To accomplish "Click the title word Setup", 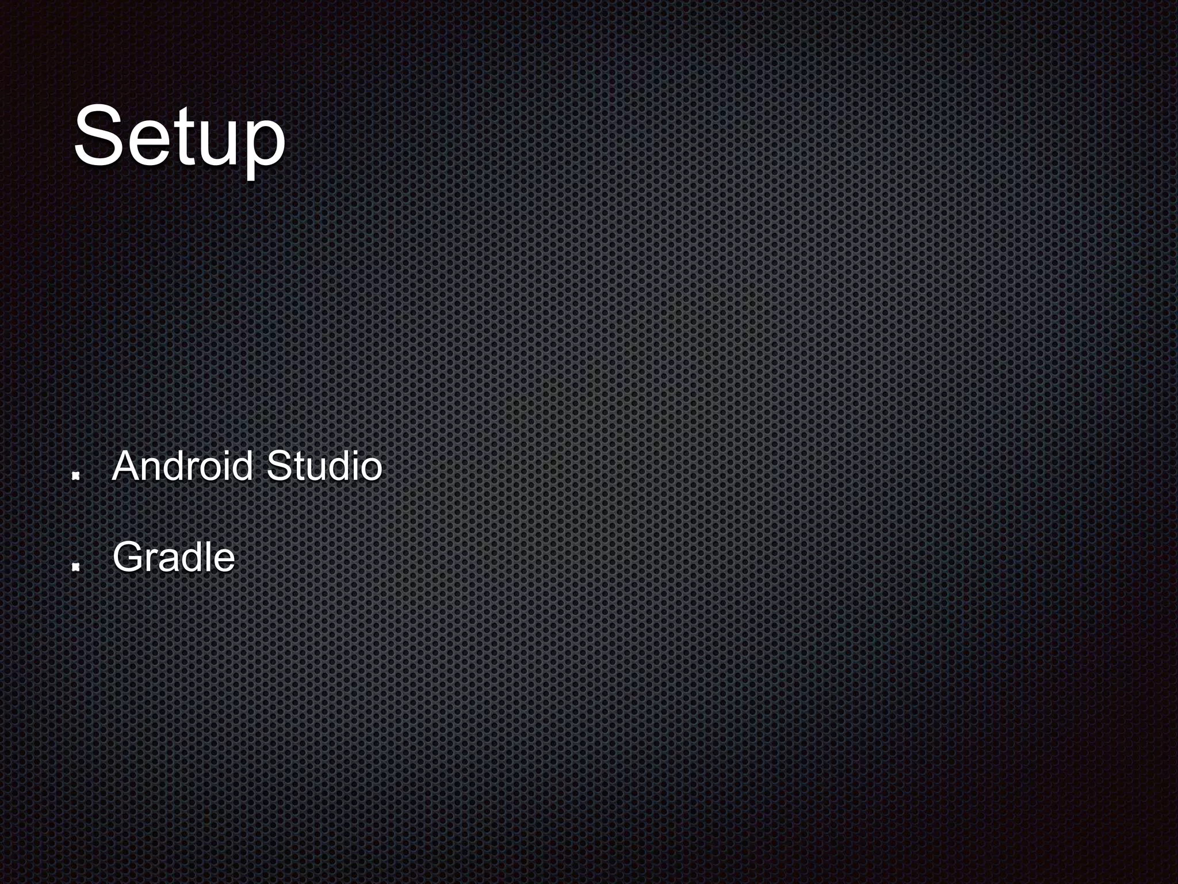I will (x=179, y=137).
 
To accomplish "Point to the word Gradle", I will (x=174, y=558).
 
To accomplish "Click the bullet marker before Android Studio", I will (x=75, y=476).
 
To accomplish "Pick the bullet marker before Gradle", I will (x=75, y=567).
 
